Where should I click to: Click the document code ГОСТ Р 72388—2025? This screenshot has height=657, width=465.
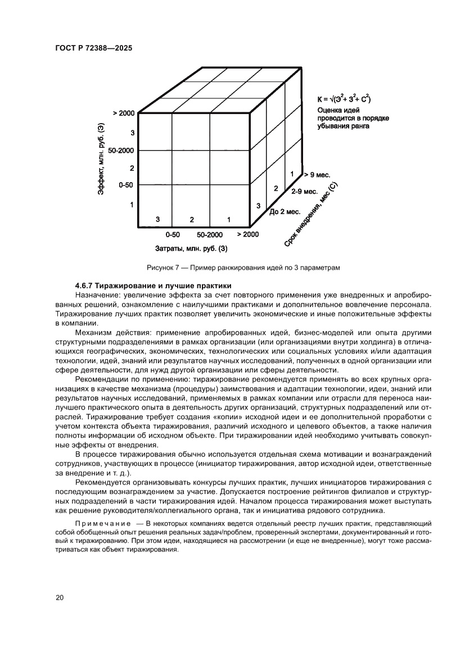93,48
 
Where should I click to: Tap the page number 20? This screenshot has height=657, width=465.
60,597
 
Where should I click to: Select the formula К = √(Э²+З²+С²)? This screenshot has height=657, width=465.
344,99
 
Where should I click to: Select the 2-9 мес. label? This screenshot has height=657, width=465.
304,192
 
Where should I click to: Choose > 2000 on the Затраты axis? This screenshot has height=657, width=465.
247,234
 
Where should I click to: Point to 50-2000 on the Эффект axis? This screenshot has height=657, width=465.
121,151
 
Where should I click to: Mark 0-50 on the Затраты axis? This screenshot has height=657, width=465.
172,234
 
